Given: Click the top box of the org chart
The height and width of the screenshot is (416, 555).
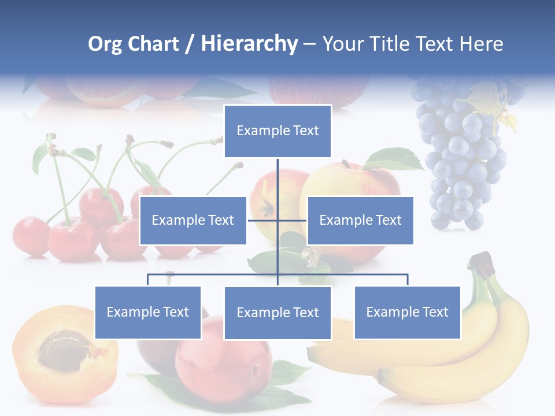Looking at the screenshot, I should coord(277,131).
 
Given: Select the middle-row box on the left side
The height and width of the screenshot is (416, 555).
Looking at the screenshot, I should coord(193,220).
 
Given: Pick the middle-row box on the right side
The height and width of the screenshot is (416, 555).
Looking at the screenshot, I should coord(360,220).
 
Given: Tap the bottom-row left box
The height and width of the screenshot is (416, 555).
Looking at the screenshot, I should coord(148,312).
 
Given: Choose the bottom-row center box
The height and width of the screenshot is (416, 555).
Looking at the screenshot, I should coord(277,313).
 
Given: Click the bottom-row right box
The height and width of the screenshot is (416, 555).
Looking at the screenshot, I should coord(407,312).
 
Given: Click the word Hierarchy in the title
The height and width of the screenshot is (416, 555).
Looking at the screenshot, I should coord(249,43).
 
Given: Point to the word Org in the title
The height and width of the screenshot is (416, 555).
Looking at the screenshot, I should coord(105,43).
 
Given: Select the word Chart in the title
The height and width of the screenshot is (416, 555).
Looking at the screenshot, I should coord(153,43).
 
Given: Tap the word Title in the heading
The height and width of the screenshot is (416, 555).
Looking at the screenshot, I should coord(390,43).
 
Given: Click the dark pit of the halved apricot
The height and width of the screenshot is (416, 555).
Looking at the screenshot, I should coord(62,349).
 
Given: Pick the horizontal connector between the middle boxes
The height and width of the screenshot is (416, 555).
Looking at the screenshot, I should coord(277,220).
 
